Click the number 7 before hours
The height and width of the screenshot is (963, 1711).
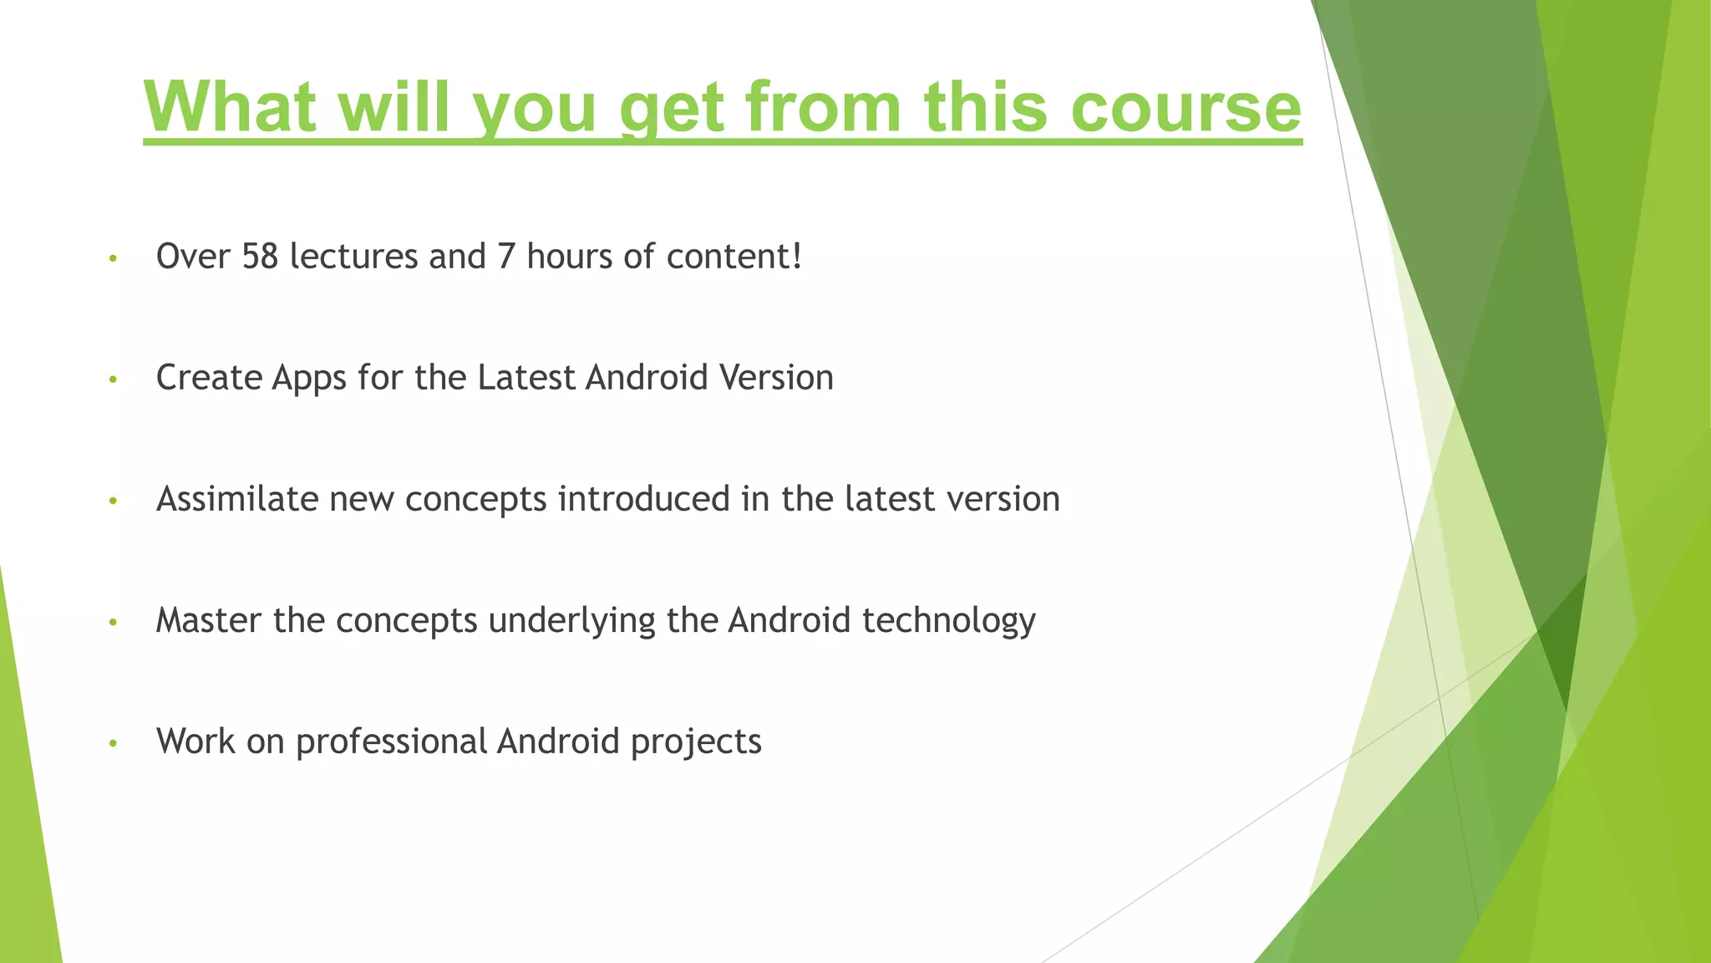pyautogui.click(x=506, y=257)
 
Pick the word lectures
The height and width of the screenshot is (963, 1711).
pyautogui.click(x=353, y=257)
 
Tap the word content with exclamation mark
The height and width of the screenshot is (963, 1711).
pyautogui.click(x=734, y=257)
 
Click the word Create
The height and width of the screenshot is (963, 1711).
pyautogui.click(x=209, y=378)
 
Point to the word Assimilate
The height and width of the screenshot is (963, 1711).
pyautogui.click(x=237, y=499)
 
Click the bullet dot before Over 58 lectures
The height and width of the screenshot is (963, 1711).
pyautogui.click(x=113, y=258)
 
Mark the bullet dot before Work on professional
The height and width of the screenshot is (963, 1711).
pyautogui.click(x=113, y=743)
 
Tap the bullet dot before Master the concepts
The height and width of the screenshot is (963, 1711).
pyautogui.click(x=113, y=622)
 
